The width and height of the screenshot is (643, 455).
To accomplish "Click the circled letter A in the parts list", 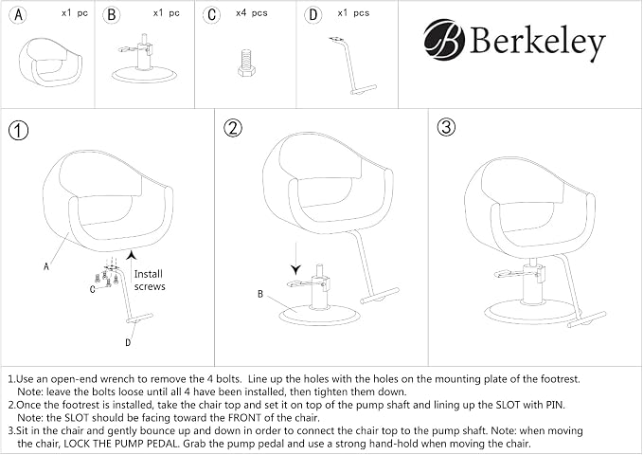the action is (18, 15).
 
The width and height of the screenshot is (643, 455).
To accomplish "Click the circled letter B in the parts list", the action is (111, 15).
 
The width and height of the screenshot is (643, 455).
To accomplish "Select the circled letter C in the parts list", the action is (211, 15).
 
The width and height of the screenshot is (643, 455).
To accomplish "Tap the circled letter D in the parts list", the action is (313, 15).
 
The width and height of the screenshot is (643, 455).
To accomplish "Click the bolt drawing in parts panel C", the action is (246, 63).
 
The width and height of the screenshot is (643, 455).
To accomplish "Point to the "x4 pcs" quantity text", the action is (251, 13).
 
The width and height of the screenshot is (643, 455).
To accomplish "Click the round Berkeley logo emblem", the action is (444, 40).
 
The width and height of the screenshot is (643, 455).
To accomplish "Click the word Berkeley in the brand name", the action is (538, 41).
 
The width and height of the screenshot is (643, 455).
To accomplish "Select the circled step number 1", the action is (18, 131).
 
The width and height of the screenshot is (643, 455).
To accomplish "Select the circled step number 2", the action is (233, 128).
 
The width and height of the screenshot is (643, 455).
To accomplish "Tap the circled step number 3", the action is (446, 127).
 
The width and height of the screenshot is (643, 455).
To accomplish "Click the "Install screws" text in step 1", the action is (150, 280).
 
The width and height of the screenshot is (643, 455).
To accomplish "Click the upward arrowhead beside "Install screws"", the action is (132, 255).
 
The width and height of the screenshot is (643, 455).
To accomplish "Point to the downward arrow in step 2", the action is (295, 258).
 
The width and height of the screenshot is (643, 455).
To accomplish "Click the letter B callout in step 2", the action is (260, 294).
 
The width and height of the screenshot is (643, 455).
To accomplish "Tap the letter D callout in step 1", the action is (128, 342).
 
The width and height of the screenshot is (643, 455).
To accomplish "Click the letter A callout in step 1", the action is (45, 266).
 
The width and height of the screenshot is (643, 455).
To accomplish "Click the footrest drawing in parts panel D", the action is (352, 66).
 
